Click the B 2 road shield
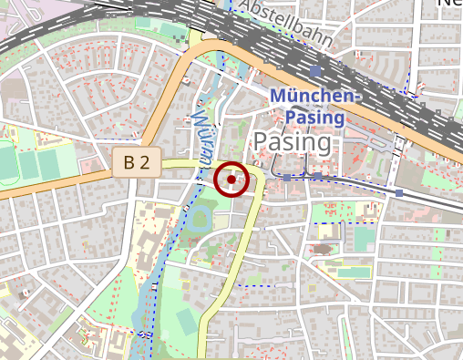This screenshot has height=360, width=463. [137, 164]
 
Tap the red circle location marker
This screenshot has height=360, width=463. [231, 180]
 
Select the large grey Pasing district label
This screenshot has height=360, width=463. [293, 142]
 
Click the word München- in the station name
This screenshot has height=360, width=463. [316, 98]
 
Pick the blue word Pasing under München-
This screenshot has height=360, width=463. [314, 117]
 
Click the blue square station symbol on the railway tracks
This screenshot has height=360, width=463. [315, 70]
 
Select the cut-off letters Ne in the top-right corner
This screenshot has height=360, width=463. [450, 5]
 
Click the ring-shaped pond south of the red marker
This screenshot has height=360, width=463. [200, 219]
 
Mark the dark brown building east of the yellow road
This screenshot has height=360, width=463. [324, 248]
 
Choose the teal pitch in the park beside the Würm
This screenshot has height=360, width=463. [186, 320]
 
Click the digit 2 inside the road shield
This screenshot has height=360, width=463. [145, 164]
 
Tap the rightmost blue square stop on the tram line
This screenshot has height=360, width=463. [399, 193]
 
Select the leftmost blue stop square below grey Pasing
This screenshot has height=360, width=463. [286, 178]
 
